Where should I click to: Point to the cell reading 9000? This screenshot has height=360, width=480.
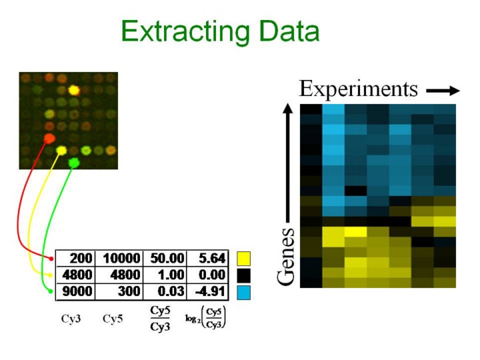point(76,291)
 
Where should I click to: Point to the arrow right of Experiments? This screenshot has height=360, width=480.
point(442,89)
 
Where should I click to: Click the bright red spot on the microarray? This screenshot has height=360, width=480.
point(48,138)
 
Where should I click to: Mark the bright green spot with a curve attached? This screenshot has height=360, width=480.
point(73,162)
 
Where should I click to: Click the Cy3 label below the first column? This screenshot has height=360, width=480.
point(71,319)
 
